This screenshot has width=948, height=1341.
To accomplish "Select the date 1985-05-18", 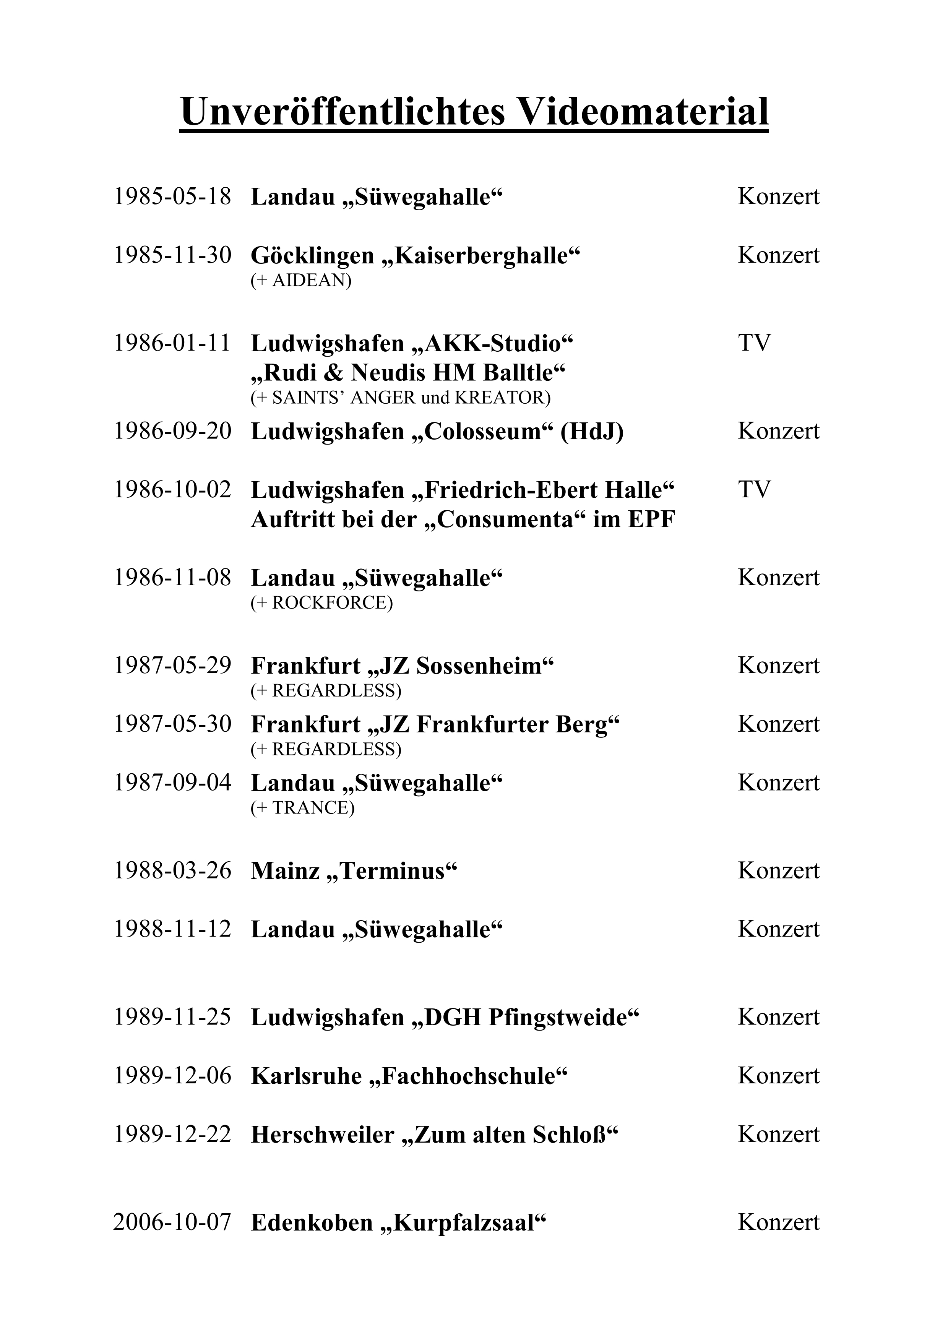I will [172, 197].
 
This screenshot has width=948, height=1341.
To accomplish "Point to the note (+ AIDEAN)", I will [301, 281].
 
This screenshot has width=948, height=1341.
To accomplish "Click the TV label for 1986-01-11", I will [754, 343].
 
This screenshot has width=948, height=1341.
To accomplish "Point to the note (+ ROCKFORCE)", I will [322, 603].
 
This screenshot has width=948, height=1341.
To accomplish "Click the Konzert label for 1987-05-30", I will [779, 724].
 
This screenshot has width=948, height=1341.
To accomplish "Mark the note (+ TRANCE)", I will [303, 808].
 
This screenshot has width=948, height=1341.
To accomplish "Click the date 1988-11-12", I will [172, 930].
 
